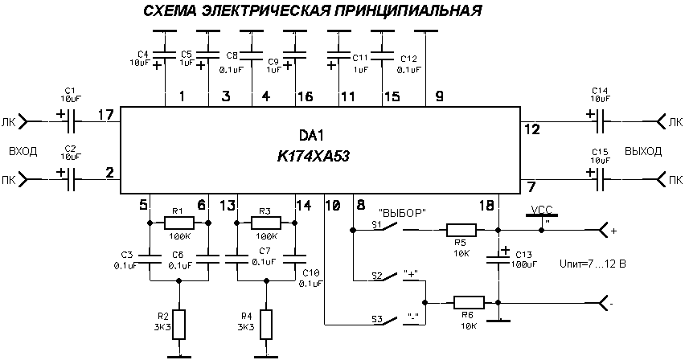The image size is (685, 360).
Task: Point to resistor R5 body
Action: [461, 230]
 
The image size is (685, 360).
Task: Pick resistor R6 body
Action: [469, 303]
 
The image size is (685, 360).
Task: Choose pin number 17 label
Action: [105, 115]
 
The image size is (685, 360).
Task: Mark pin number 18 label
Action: [486, 205]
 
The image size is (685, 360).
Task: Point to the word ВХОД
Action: [22, 151]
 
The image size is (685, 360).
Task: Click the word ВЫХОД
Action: [642, 151]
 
